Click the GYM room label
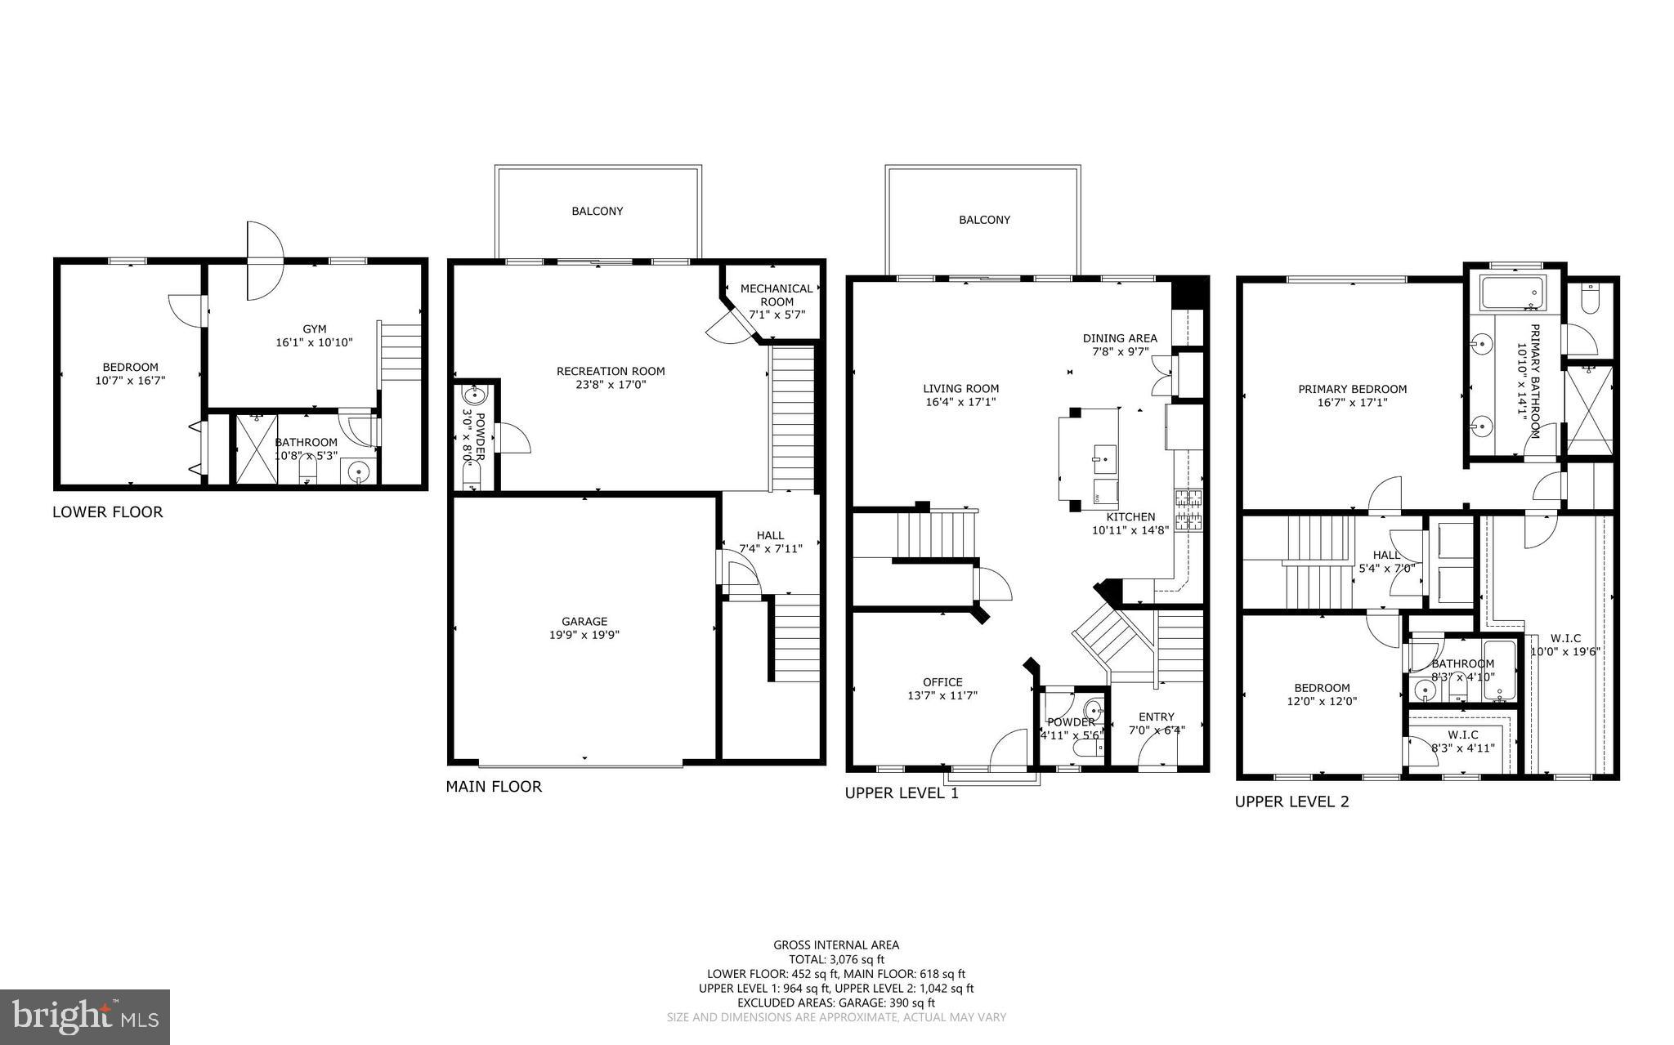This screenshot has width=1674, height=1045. [x=314, y=329]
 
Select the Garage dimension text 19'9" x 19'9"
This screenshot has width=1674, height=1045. [x=584, y=635]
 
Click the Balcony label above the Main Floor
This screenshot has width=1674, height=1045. [x=597, y=212]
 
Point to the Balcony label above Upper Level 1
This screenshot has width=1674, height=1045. [x=984, y=220]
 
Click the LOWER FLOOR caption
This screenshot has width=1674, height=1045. [x=107, y=512]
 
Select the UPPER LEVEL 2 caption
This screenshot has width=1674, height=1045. [x=1291, y=802]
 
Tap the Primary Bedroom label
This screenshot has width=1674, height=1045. [x=1352, y=389]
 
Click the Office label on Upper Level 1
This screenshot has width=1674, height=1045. [x=942, y=682]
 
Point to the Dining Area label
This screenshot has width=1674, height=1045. [x=1120, y=338]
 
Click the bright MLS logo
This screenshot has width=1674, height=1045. [x=85, y=1016]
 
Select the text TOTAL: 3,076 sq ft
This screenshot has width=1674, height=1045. [x=836, y=960]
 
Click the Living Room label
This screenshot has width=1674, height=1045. [x=960, y=389]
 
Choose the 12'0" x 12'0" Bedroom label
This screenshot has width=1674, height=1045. [x=1322, y=688]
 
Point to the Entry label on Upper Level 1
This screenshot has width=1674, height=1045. [x=1156, y=717]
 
